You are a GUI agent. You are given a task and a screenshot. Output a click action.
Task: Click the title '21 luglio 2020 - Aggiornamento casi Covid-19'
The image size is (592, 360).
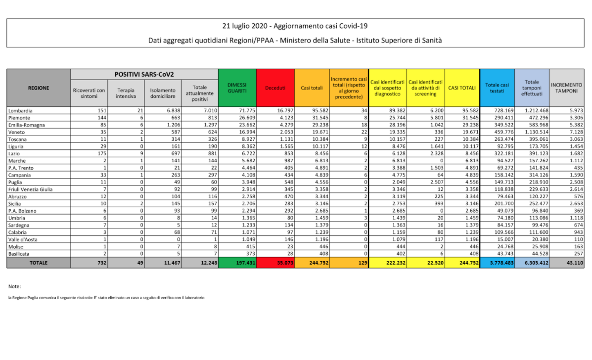[x=295, y=26]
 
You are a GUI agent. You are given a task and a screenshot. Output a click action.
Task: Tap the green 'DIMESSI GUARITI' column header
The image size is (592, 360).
[x=238, y=88]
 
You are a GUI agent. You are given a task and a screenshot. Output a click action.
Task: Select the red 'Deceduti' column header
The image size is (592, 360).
[x=275, y=88]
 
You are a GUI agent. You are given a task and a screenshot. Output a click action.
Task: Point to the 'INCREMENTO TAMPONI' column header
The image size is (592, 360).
[x=567, y=88]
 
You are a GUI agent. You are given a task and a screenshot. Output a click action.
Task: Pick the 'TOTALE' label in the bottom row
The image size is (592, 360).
[x=39, y=263]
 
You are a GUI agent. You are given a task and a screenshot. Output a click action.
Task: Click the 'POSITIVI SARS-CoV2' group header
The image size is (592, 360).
[x=144, y=74]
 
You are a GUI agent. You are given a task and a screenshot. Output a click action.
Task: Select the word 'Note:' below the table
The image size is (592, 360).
[x=15, y=286]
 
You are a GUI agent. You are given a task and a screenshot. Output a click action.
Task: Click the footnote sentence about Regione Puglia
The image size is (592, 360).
[x=106, y=298]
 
